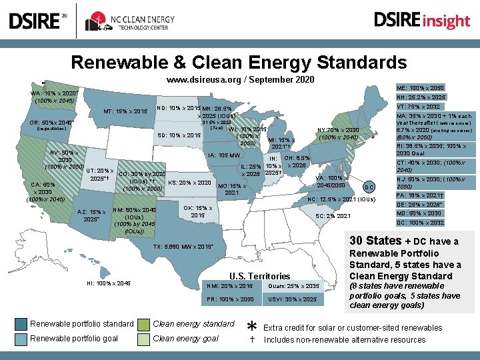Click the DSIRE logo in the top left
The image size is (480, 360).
click(37, 21)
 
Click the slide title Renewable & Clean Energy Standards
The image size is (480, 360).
click(239, 63)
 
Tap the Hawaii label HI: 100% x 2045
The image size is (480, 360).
click(109, 283)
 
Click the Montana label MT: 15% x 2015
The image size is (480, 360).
click(125, 111)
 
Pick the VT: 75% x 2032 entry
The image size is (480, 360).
click(418, 106)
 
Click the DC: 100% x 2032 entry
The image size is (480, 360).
click(420, 223)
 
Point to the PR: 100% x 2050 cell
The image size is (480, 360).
click(231, 299)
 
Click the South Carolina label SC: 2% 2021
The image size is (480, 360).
click(333, 216)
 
